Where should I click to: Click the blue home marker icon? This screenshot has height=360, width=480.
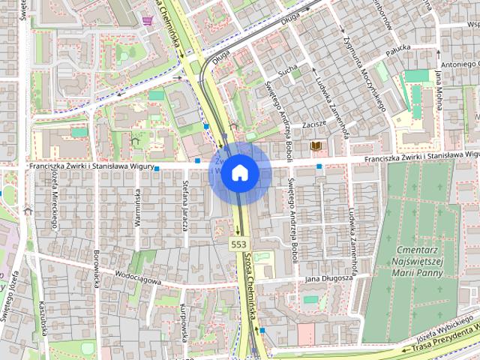239,172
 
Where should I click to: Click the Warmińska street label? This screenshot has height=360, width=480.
137,207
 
